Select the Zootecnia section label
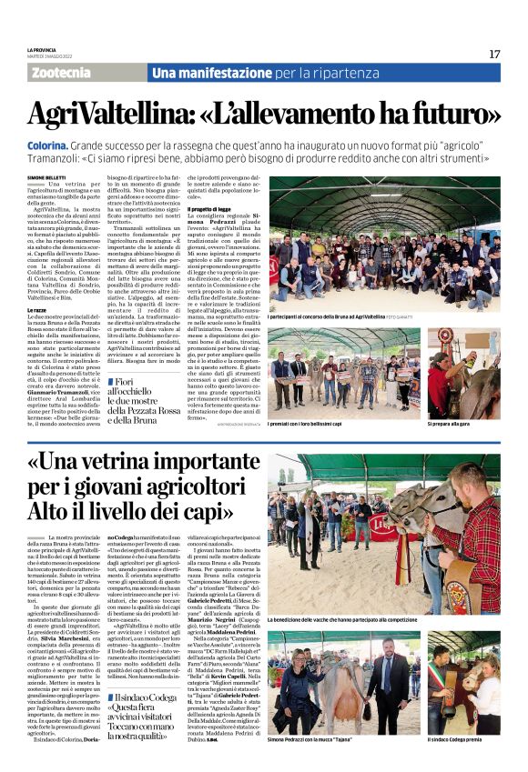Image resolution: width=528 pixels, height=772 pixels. [61, 73]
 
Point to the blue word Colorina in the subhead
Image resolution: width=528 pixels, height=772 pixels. [53, 145]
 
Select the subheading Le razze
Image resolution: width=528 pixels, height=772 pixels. [38, 310]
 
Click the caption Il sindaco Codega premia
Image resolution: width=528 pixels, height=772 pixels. [462, 740]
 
